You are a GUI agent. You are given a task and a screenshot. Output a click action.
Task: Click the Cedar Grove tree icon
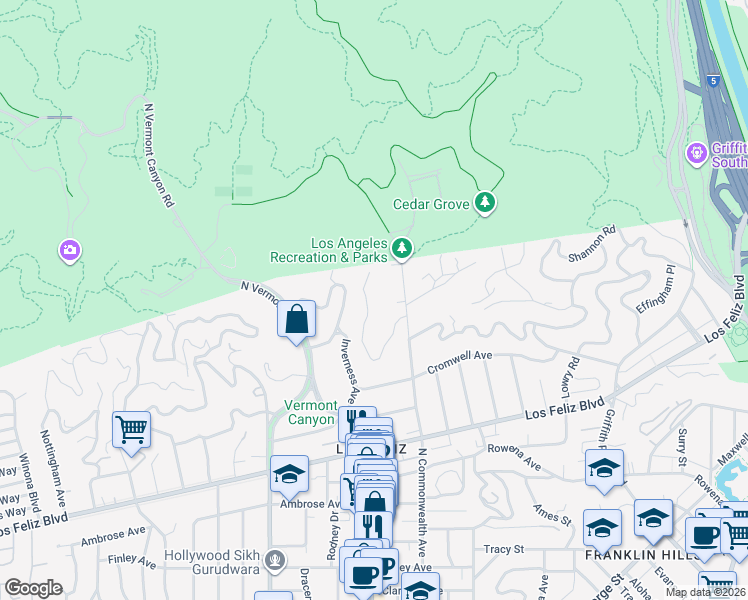pos(485,204)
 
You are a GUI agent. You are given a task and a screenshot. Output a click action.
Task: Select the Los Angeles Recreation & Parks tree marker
pos(402,247)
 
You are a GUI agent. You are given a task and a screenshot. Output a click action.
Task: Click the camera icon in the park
pos(69,249)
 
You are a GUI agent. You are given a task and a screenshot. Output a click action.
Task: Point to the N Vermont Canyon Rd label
pos(160,155)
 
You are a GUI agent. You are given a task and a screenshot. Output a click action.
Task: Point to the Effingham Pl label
pos(657,290)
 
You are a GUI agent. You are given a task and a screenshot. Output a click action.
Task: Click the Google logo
pos(33,588)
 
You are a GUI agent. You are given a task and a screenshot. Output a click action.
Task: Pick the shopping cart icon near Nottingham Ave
pos(131,429)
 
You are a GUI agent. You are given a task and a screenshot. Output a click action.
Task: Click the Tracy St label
pos(504,549)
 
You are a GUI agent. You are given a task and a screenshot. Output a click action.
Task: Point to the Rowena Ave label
pos(513,457)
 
